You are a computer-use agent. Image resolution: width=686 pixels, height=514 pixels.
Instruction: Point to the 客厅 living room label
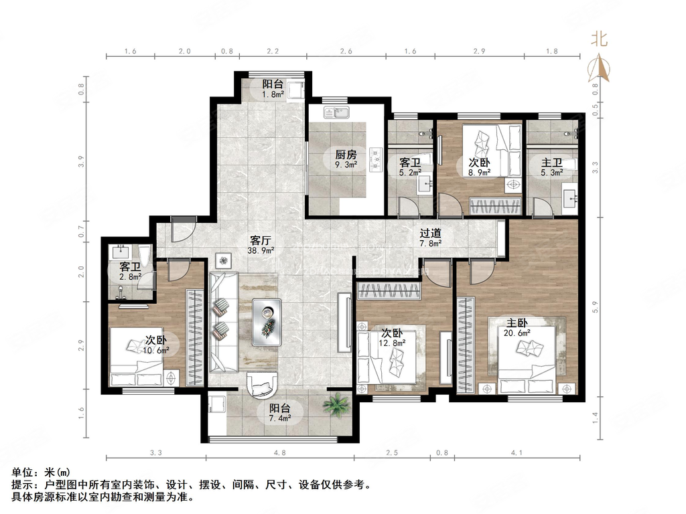point(260,239)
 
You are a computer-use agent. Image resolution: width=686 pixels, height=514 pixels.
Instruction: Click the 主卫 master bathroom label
point(551,162)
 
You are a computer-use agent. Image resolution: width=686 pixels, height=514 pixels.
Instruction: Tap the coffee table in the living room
point(267,321)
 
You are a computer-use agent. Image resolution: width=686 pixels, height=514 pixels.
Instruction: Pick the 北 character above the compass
point(598,39)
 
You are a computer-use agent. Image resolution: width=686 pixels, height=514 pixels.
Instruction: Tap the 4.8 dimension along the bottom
point(279,453)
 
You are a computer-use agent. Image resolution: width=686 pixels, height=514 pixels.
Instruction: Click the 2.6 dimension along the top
point(346,51)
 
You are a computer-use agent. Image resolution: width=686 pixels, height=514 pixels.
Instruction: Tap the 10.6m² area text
point(156,349)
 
